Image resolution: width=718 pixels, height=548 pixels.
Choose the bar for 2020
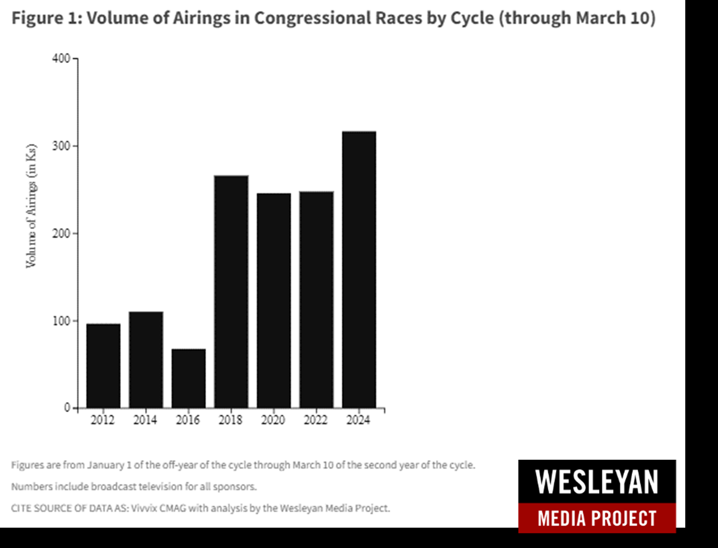pos(274,301)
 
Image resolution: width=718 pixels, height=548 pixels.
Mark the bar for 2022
pos(316,300)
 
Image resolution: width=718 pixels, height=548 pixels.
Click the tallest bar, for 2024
pos(359,270)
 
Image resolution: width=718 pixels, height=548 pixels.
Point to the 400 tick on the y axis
pos(61,59)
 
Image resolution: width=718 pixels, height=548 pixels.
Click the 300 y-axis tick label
pos(61,146)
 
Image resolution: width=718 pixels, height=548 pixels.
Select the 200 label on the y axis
pos(61,234)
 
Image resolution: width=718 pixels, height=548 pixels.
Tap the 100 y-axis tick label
pos(61,321)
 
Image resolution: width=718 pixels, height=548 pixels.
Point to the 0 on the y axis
pos(67,408)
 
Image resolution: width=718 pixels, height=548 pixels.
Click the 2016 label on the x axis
pos(188,420)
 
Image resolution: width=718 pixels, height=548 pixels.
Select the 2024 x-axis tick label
pos(359,420)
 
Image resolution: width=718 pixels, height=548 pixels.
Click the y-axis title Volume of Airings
pos(31,206)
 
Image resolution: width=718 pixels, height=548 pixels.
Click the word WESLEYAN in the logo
pos(597,482)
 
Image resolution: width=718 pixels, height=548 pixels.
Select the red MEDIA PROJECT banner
pos(597,518)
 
